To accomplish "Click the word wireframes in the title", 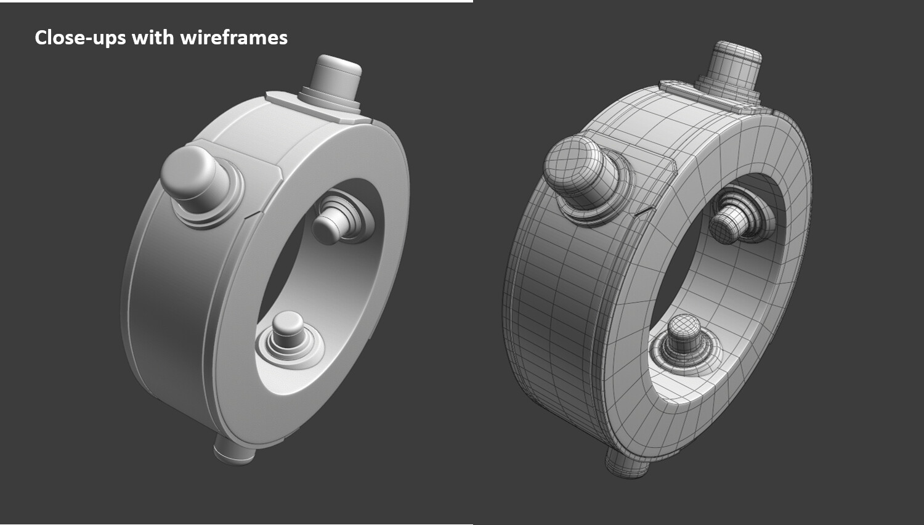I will point(234,38).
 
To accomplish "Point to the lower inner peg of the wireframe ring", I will point(683,333).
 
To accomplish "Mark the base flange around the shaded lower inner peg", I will point(308,357).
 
